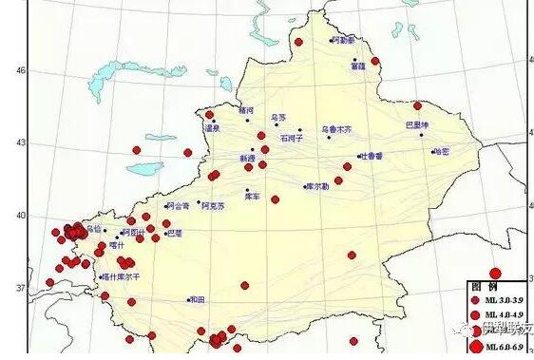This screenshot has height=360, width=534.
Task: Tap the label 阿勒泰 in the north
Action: [x=342, y=41]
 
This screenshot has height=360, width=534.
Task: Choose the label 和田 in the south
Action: [x=197, y=299]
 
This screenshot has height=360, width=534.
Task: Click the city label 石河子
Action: [x=291, y=138]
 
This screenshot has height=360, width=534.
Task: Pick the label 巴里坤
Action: [x=417, y=124]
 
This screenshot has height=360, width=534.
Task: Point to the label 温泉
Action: [x=212, y=127]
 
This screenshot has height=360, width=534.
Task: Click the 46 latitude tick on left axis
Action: [x=18, y=69]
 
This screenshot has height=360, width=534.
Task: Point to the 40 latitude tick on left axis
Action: [x=18, y=215]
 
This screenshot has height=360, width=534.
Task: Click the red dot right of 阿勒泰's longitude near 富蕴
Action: [x=377, y=64]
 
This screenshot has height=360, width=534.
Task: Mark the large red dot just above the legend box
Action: [x=493, y=272]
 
